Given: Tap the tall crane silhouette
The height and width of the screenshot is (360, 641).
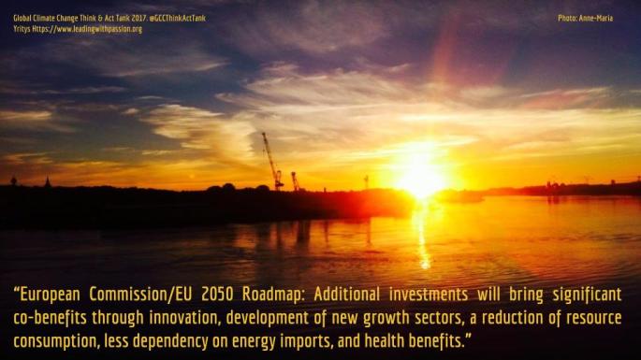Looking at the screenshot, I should click(x=271, y=161).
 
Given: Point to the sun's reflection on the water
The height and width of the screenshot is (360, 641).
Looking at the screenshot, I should click(x=422, y=238).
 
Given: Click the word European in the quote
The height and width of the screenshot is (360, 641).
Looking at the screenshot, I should click(x=51, y=294).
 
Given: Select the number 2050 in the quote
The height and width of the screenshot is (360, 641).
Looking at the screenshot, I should click(x=217, y=294).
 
